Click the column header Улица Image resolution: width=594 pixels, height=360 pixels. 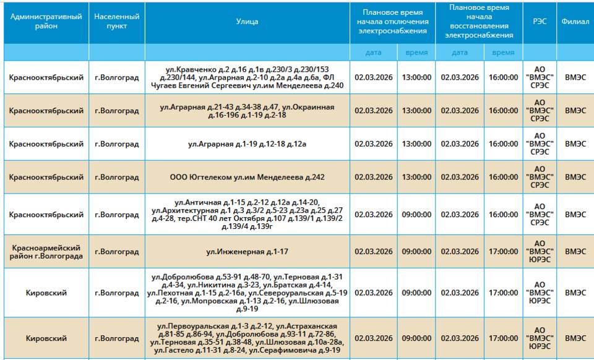[247, 22]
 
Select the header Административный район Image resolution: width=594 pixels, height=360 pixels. [46, 22]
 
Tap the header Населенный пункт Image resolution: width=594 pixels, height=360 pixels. [117, 22]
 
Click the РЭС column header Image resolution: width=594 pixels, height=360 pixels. [540, 22]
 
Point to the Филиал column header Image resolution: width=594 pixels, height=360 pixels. [575, 22]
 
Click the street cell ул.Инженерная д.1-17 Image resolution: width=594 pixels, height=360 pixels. [247, 252]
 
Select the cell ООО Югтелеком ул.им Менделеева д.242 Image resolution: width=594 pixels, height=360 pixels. [247, 177]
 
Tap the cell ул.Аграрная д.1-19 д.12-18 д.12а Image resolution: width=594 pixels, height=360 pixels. [247, 144]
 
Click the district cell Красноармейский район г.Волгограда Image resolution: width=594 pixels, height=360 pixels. [46, 252]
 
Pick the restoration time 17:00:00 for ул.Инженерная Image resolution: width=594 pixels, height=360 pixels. [503, 252]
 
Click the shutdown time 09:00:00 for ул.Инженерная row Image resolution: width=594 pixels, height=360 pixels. [416, 252]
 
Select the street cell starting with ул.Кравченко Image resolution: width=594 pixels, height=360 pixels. [247, 77]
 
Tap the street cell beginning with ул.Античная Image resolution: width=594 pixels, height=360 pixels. [247, 215]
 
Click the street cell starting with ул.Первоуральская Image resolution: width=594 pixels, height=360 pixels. [247, 338]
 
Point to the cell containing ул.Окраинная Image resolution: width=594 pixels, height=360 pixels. [247, 111]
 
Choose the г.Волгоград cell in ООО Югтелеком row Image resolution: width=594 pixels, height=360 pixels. [117, 177]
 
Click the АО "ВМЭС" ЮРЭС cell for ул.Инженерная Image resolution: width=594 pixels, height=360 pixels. [540, 252]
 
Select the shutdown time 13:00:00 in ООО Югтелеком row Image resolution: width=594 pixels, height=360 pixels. [416, 177]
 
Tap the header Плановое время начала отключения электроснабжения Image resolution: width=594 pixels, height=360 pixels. [392, 22]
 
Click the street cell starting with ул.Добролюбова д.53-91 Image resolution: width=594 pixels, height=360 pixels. [247, 293]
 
